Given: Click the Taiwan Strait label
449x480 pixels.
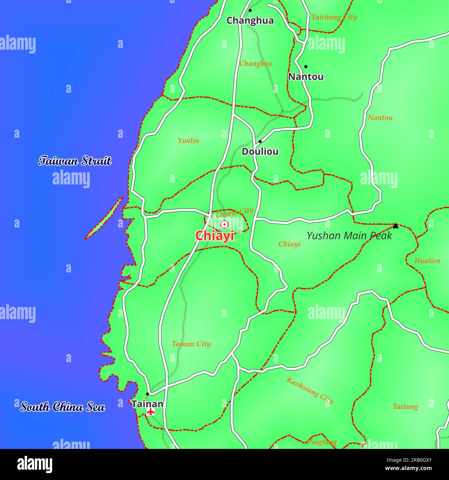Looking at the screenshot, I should pyautogui.click(x=75, y=161).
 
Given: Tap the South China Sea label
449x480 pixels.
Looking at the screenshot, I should pyautogui.click(x=63, y=407).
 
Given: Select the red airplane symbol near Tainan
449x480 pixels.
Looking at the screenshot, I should pyautogui.click(x=151, y=412).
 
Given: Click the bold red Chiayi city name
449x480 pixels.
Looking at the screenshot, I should pyautogui.click(x=215, y=236).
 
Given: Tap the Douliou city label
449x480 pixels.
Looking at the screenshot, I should pyautogui.click(x=260, y=152).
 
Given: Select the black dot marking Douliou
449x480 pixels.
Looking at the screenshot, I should pyautogui.click(x=260, y=142).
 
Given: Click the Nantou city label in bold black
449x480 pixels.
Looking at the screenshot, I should pyautogui.click(x=306, y=77).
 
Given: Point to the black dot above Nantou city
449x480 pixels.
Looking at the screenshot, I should pyautogui.click(x=306, y=67).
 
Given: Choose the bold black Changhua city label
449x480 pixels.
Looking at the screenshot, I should pyautogui.click(x=250, y=21).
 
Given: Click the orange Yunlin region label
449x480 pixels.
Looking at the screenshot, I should pyautogui.click(x=188, y=141).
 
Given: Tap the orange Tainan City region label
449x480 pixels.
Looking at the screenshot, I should pyautogui.click(x=191, y=344).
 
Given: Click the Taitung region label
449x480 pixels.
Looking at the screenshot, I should pyautogui.click(x=405, y=407).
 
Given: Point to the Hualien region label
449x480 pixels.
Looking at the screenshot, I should pyautogui.click(x=427, y=261).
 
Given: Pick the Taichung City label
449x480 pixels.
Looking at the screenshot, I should pyautogui.click(x=334, y=17).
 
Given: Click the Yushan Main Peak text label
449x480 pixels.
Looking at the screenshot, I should pyautogui.click(x=349, y=236).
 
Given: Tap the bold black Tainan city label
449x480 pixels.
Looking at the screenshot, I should pyautogui.click(x=147, y=404).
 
